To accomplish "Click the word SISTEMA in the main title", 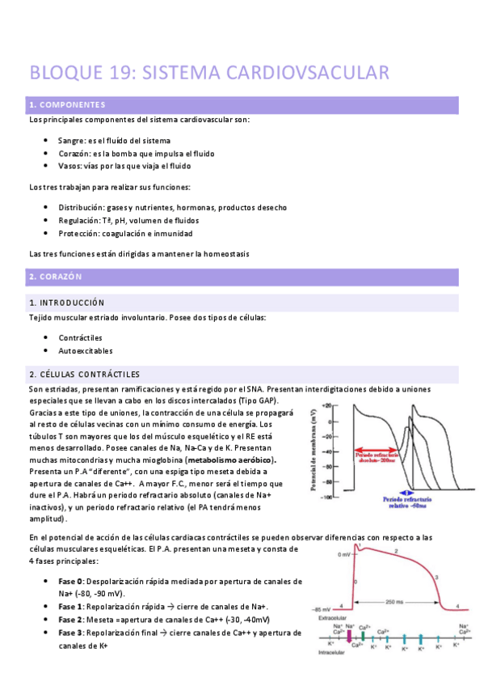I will (x=176, y=73).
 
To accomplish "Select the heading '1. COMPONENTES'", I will (x=67, y=105).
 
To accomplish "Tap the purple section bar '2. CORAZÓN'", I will (x=242, y=277).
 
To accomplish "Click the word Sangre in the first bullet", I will (x=71, y=140).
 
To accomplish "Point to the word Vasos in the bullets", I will (x=69, y=166).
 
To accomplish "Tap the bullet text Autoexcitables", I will (x=85, y=351).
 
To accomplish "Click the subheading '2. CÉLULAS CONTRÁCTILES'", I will (x=84, y=374).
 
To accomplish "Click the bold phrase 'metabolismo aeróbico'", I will (x=230, y=459).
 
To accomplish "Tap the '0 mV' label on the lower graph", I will (x=344, y=555).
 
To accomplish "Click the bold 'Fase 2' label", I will (x=72, y=619).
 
